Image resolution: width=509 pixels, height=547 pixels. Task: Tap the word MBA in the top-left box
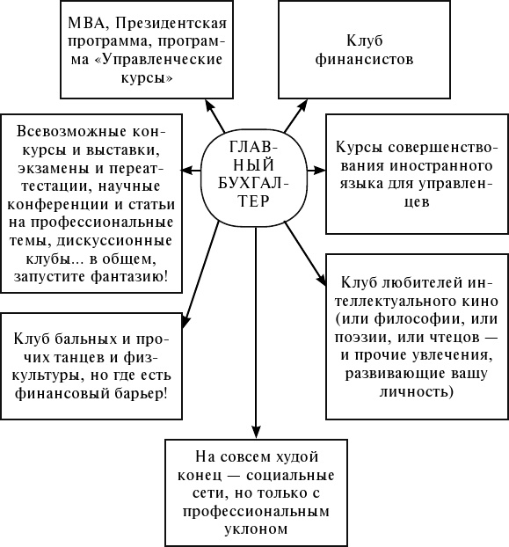[83, 24]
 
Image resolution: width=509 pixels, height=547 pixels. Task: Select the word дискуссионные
[120, 241]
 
